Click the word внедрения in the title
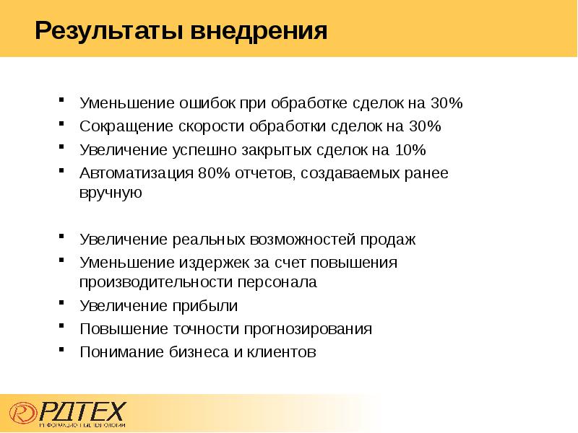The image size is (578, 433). pyautogui.click(x=259, y=32)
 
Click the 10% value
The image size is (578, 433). pyautogui.click(x=410, y=150)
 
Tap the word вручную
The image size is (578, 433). pyautogui.click(x=110, y=193)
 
